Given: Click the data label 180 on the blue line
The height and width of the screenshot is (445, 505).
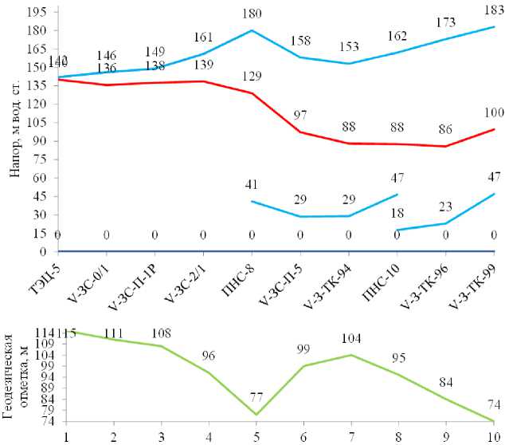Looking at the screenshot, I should click(252, 13).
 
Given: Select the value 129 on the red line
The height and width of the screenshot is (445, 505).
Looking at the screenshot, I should click(252, 75).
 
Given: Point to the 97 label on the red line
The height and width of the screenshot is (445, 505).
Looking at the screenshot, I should click(300, 115).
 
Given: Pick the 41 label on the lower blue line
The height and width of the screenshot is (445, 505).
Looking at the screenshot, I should click(252, 184).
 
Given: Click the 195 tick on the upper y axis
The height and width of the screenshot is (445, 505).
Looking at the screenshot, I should click(36, 12).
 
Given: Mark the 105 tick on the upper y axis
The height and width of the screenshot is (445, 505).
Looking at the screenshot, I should click(36, 122).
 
